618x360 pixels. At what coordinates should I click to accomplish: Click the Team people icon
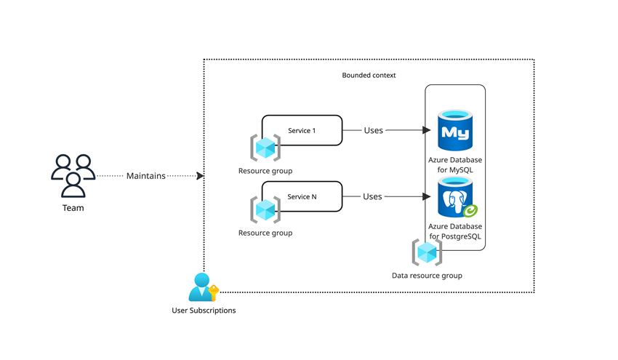pos(73,175)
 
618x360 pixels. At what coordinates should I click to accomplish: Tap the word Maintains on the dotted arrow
pos(146,176)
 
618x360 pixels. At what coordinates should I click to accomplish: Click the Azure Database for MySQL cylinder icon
pos(455,130)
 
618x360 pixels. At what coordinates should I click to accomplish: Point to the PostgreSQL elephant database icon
pos(455,197)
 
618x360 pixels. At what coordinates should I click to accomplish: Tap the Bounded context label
pos(369,76)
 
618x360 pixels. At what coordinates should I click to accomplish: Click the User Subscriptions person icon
pos(202,287)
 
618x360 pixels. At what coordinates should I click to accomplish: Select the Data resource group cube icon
pos(427,252)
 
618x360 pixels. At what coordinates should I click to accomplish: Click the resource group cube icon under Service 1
pos(265,148)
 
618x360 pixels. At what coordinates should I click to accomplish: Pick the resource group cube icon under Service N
pos(265,209)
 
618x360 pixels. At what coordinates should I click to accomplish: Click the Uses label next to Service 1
pos(373,130)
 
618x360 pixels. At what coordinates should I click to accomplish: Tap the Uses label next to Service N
pos(372,196)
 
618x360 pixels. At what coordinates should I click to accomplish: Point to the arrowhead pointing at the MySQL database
pos(427,130)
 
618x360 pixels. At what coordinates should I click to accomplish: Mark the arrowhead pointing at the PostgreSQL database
pos(427,196)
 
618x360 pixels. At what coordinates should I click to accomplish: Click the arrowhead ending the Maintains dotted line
pos(200,175)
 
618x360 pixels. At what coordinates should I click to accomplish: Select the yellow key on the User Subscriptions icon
pos(214,292)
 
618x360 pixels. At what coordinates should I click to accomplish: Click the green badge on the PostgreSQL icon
pos(470,211)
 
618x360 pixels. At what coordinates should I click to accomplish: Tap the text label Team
pos(73,208)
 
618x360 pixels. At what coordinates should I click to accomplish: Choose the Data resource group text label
pos(427,276)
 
